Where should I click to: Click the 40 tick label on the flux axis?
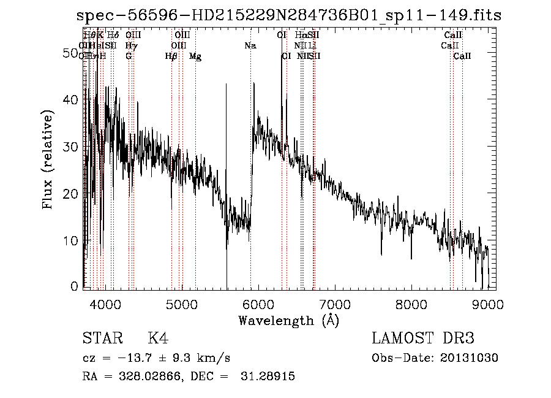tap(72, 100)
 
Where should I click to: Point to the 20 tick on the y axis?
tap(72, 194)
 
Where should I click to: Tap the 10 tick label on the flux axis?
tap(72, 240)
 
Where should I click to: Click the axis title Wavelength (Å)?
tap(288, 320)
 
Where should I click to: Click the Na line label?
tap(250, 46)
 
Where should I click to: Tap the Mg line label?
tap(195, 56)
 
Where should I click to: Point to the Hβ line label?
tap(171, 56)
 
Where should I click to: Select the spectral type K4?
tap(157, 339)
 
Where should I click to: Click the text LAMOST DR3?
tap(422, 339)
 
